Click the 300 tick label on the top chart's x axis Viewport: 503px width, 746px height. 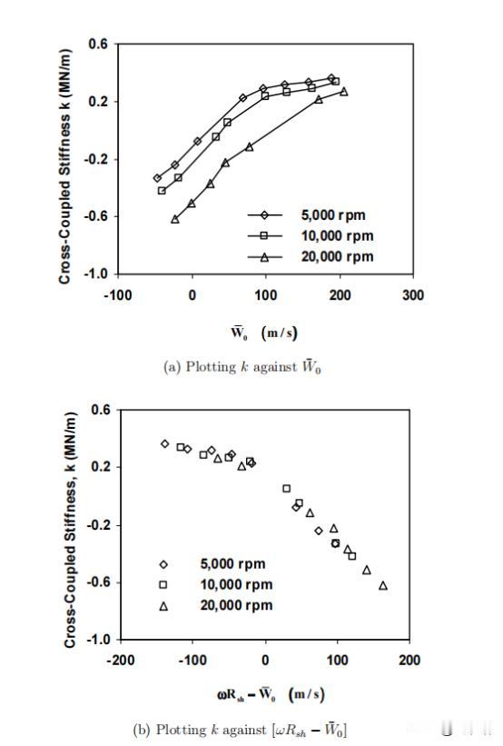coord(413,295)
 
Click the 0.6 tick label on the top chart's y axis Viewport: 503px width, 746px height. coord(98,45)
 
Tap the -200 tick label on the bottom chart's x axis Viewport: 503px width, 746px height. coord(120,660)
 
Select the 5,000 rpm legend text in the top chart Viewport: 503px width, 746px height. coord(333,215)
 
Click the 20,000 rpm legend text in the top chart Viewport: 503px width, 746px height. coord(337,256)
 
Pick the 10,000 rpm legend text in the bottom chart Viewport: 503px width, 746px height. coord(236,584)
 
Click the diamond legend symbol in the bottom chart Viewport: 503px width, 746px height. coord(163,564)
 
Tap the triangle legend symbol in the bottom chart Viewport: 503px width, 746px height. coord(163,606)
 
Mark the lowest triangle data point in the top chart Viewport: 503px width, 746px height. coord(175,219)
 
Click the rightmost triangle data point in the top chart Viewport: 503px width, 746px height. coord(344,92)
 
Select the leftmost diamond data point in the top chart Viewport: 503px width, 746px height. coord(157,178)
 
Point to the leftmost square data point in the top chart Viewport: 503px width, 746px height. coord(162,191)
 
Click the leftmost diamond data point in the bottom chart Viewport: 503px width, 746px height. coord(165,444)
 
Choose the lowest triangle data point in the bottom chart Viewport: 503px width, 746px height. coord(383,585)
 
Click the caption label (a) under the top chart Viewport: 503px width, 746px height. coord(173,367)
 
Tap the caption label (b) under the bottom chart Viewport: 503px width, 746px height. coord(142,730)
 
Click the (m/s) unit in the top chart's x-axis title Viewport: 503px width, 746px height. coord(279,333)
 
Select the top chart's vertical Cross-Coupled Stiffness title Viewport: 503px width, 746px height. coord(64,166)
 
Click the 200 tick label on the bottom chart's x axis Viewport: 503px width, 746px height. coord(409,660)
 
